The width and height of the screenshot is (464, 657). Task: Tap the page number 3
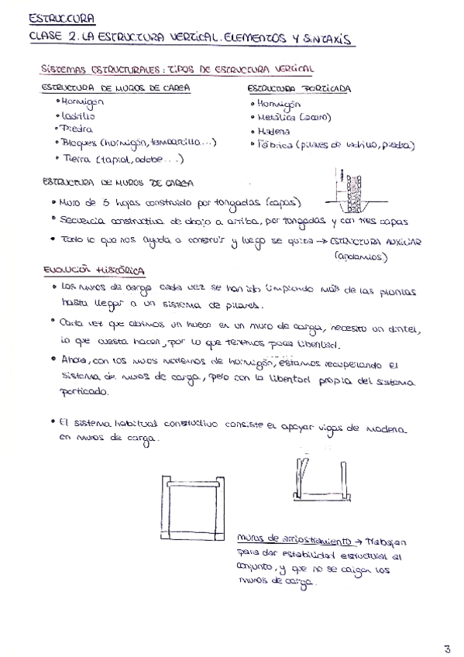447,627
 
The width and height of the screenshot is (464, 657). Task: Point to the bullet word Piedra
72,128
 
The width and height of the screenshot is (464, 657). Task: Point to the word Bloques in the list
79,143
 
